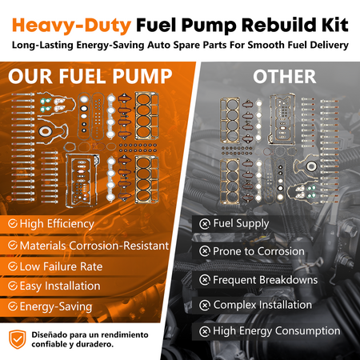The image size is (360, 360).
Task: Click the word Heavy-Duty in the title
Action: [x=71, y=26]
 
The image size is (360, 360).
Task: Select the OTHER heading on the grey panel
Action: [x=285, y=77]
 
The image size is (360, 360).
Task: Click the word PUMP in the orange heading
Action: [x=142, y=77]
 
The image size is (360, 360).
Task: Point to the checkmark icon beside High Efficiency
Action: [x=13, y=223]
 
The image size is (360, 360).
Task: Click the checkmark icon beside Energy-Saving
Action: [x=13, y=306]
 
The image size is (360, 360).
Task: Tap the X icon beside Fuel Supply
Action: [x=205, y=224]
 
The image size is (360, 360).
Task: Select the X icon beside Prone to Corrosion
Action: [x=205, y=251]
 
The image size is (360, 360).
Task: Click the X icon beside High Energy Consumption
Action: [x=205, y=331]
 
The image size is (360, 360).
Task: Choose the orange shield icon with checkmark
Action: [x=18, y=339]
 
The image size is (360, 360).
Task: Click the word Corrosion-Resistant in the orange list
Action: [x=119, y=246]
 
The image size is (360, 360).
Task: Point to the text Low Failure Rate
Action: [x=61, y=266]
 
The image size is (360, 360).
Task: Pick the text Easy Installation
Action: [x=60, y=286]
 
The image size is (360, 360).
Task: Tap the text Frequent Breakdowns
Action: [x=266, y=280]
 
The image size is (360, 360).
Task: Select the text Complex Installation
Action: [x=262, y=305]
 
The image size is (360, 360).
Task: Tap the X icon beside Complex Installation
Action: [x=205, y=306]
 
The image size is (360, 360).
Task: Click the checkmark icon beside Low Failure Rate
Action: [x=13, y=266]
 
